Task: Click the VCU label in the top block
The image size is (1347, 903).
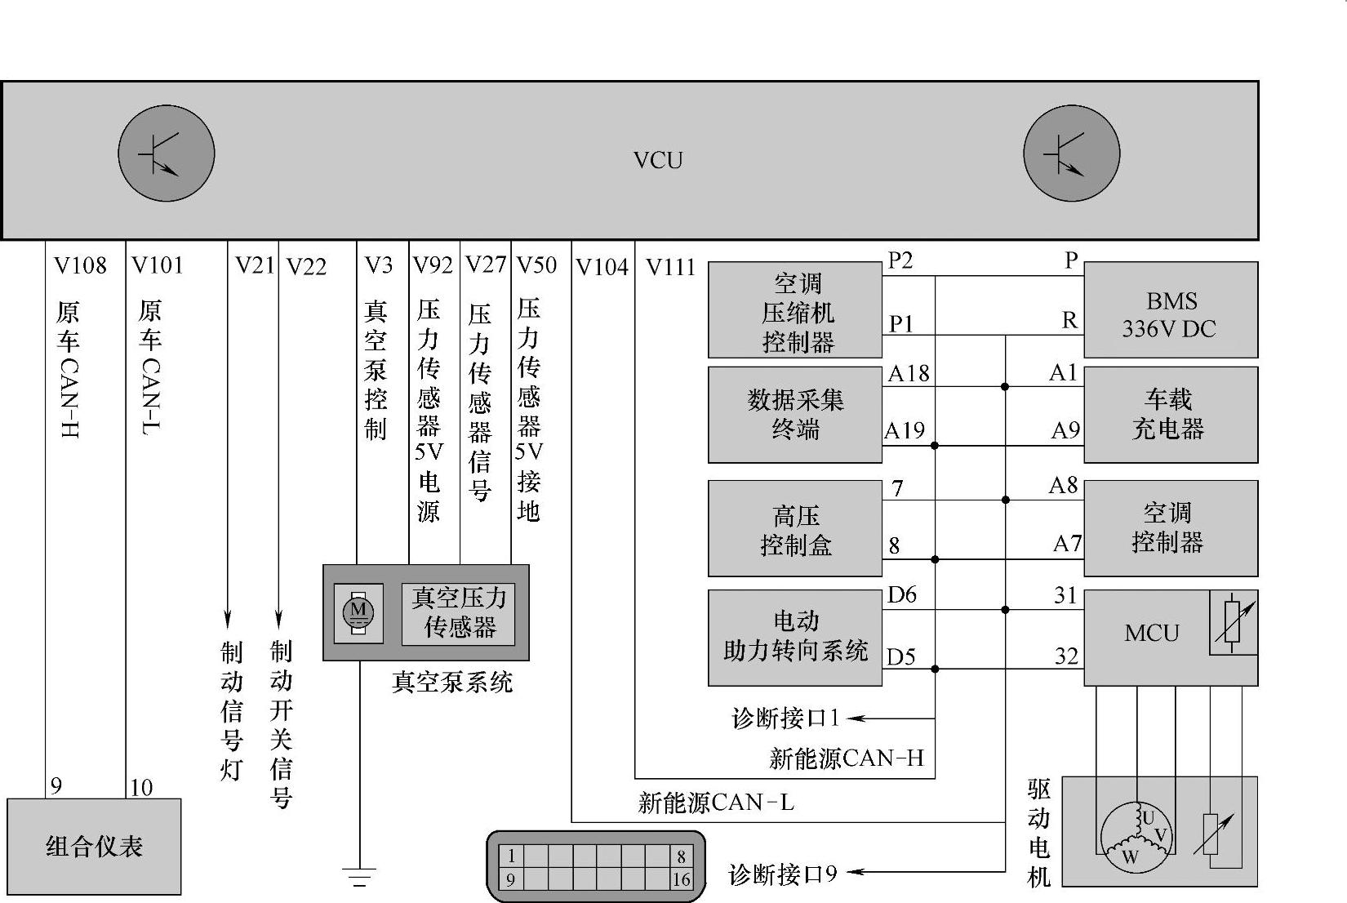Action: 657,160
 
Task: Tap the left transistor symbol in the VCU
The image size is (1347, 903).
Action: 166,153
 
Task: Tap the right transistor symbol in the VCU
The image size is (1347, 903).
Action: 1071,153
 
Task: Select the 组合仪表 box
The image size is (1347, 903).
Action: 94,846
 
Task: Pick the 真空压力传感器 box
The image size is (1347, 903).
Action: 459,612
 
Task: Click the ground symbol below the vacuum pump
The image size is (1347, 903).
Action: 358,877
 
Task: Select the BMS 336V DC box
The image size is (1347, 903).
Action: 1170,311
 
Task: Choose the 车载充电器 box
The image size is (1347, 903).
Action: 1170,415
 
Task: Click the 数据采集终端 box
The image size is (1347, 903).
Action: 794,415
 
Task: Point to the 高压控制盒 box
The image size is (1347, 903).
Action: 794,529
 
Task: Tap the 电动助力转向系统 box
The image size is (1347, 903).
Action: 794,637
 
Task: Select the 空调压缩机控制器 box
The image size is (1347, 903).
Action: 794,311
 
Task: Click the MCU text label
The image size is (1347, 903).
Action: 1151,634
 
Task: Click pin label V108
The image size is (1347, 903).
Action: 80,265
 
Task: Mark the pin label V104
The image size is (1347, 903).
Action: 602,267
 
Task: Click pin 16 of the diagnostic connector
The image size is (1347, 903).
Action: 681,880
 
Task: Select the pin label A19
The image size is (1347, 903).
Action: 905,430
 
